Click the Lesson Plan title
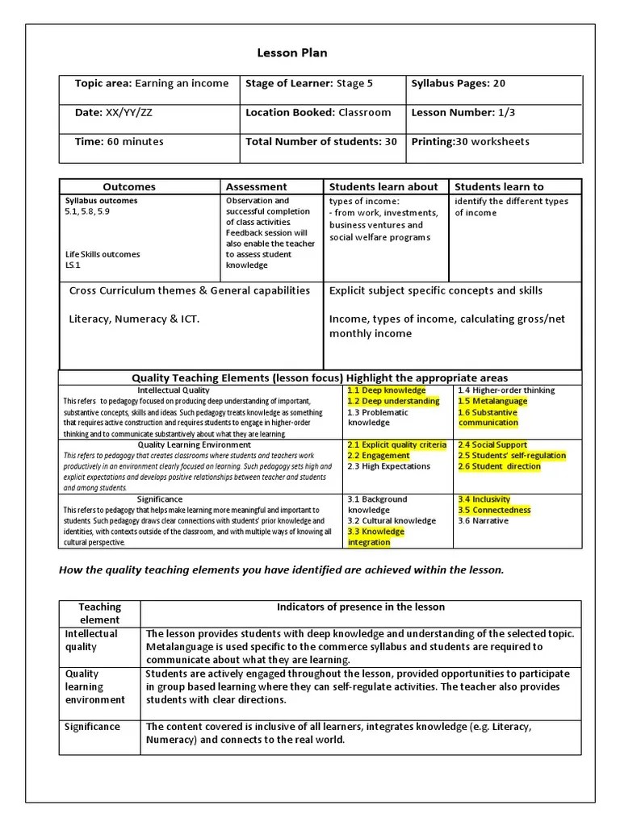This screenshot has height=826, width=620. click(292, 53)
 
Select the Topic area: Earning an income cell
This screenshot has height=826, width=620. click(151, 83)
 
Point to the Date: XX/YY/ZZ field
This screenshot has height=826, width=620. click(113, 112)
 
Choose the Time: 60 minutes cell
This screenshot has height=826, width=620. click(119, 141)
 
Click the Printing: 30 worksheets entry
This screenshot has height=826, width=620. click(471, 141)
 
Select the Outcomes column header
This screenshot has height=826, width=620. click(129, 186)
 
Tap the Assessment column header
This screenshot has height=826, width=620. click(256, 186)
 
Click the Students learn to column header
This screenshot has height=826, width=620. click(499, 186)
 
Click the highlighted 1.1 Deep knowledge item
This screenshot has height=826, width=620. click(386, 390)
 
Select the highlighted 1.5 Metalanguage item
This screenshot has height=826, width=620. click(492, 401)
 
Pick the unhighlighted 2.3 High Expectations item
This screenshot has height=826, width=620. click(388, 466)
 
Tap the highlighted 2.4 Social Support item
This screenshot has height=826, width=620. click(492, 444)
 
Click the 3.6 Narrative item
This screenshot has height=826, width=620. click(483, 521)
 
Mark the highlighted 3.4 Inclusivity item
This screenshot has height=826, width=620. click(484, 499)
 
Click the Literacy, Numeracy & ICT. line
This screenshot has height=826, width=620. click(134, 319)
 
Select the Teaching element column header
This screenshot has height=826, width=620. click(100, 613)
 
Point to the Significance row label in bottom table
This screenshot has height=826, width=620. click(92, 727)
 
